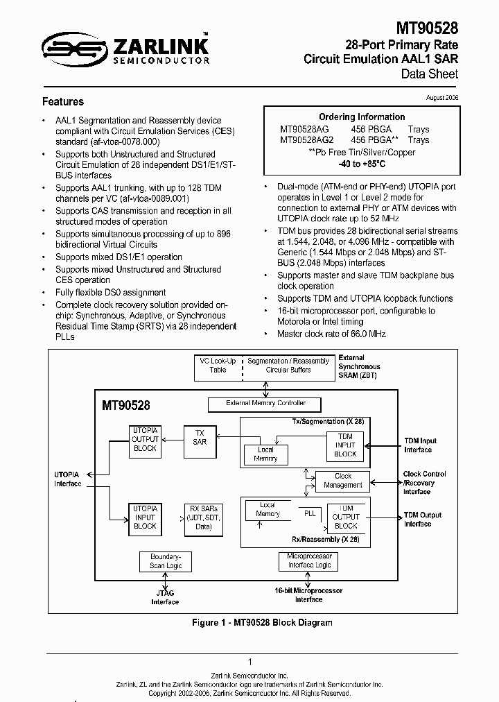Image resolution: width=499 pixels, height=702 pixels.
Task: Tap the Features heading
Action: (63, 101)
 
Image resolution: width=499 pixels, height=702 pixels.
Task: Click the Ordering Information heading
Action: (362, 117)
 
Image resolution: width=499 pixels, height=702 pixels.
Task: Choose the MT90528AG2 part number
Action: (306, 140)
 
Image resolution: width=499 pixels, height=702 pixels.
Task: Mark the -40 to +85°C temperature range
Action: (361, 164)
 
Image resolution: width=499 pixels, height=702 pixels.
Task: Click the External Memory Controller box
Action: (265, 403)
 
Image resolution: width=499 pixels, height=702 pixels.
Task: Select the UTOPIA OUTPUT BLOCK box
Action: (145, 439)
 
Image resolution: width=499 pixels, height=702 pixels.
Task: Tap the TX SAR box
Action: (200, 437)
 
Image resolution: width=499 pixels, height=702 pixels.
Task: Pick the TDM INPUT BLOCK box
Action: (345, 445)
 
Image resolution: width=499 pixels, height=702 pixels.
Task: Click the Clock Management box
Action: (343, 481)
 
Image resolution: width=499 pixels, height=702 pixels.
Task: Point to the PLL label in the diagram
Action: (310, 513)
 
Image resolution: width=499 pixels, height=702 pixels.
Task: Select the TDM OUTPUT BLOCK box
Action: (346, 517)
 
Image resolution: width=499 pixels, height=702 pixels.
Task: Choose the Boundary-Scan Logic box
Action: (166, 561)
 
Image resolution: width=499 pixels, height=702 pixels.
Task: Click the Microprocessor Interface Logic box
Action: (309, 560)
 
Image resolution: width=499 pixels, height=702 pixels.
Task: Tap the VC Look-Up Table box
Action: (218, 366)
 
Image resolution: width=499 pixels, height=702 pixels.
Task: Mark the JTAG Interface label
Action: (165, 597)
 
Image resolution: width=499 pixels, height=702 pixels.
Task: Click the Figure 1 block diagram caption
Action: (262, 623)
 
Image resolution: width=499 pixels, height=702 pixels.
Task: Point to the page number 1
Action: (249, 662)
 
